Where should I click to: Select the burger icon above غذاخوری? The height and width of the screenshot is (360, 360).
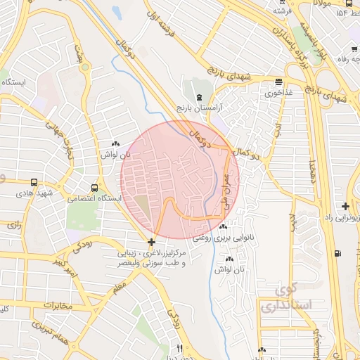(x=279, y=82)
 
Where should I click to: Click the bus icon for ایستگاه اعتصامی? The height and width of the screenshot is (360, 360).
(x=94, y=188)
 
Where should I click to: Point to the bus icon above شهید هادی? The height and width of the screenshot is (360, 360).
(x=34, y=182)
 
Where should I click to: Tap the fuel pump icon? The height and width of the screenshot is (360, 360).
(x=338, y=253)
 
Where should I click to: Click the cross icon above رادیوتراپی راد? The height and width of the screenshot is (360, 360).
(x=345, y=206)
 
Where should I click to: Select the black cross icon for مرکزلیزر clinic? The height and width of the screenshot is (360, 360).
(x=152, y=241)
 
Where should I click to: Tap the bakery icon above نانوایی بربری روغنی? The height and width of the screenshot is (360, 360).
(x=223, y=227)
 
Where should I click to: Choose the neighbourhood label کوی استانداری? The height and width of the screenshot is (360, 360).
(x=285, y=298)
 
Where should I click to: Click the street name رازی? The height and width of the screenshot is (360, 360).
(x=14, y=225)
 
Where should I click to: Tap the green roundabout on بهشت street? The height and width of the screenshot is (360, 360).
(x=76, y=49)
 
